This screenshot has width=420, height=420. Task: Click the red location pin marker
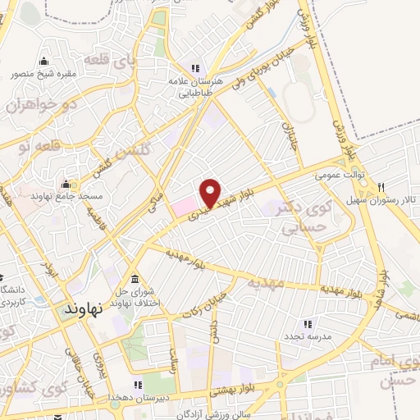212,193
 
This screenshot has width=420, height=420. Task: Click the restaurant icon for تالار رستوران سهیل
381,187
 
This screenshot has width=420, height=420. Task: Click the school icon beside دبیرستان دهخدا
138,384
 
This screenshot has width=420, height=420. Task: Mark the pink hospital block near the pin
185,206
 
